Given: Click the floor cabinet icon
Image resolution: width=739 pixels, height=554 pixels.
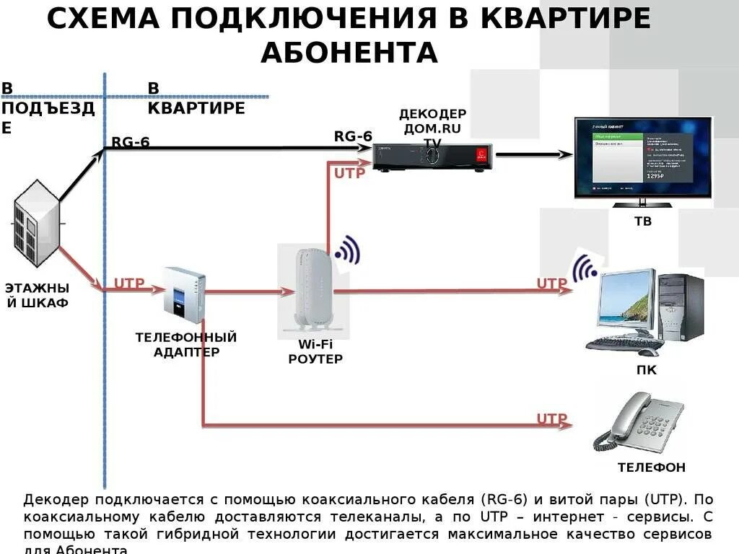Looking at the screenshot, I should [x=36, y=224].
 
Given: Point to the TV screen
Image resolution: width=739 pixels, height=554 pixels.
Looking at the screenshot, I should [x=640, y=157].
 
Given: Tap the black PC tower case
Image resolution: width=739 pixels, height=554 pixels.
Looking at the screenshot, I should [x=681, y=307].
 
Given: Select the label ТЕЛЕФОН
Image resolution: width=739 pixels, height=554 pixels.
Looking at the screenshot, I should [x=651, y=467].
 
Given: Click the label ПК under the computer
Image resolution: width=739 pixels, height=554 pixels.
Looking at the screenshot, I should [x=647, y=370].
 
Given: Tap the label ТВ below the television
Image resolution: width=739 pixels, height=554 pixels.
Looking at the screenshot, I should [x=642, y=221].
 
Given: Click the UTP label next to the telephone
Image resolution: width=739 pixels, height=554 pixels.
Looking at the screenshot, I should [x=552, y=418].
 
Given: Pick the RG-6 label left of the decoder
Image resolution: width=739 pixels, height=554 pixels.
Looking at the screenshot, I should [x=353, y=136].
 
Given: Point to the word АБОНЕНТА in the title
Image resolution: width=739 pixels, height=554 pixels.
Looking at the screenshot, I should [x=349, y=52].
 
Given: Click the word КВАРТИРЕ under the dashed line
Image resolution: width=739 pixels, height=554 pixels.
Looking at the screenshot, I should [x=196, y=108].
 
